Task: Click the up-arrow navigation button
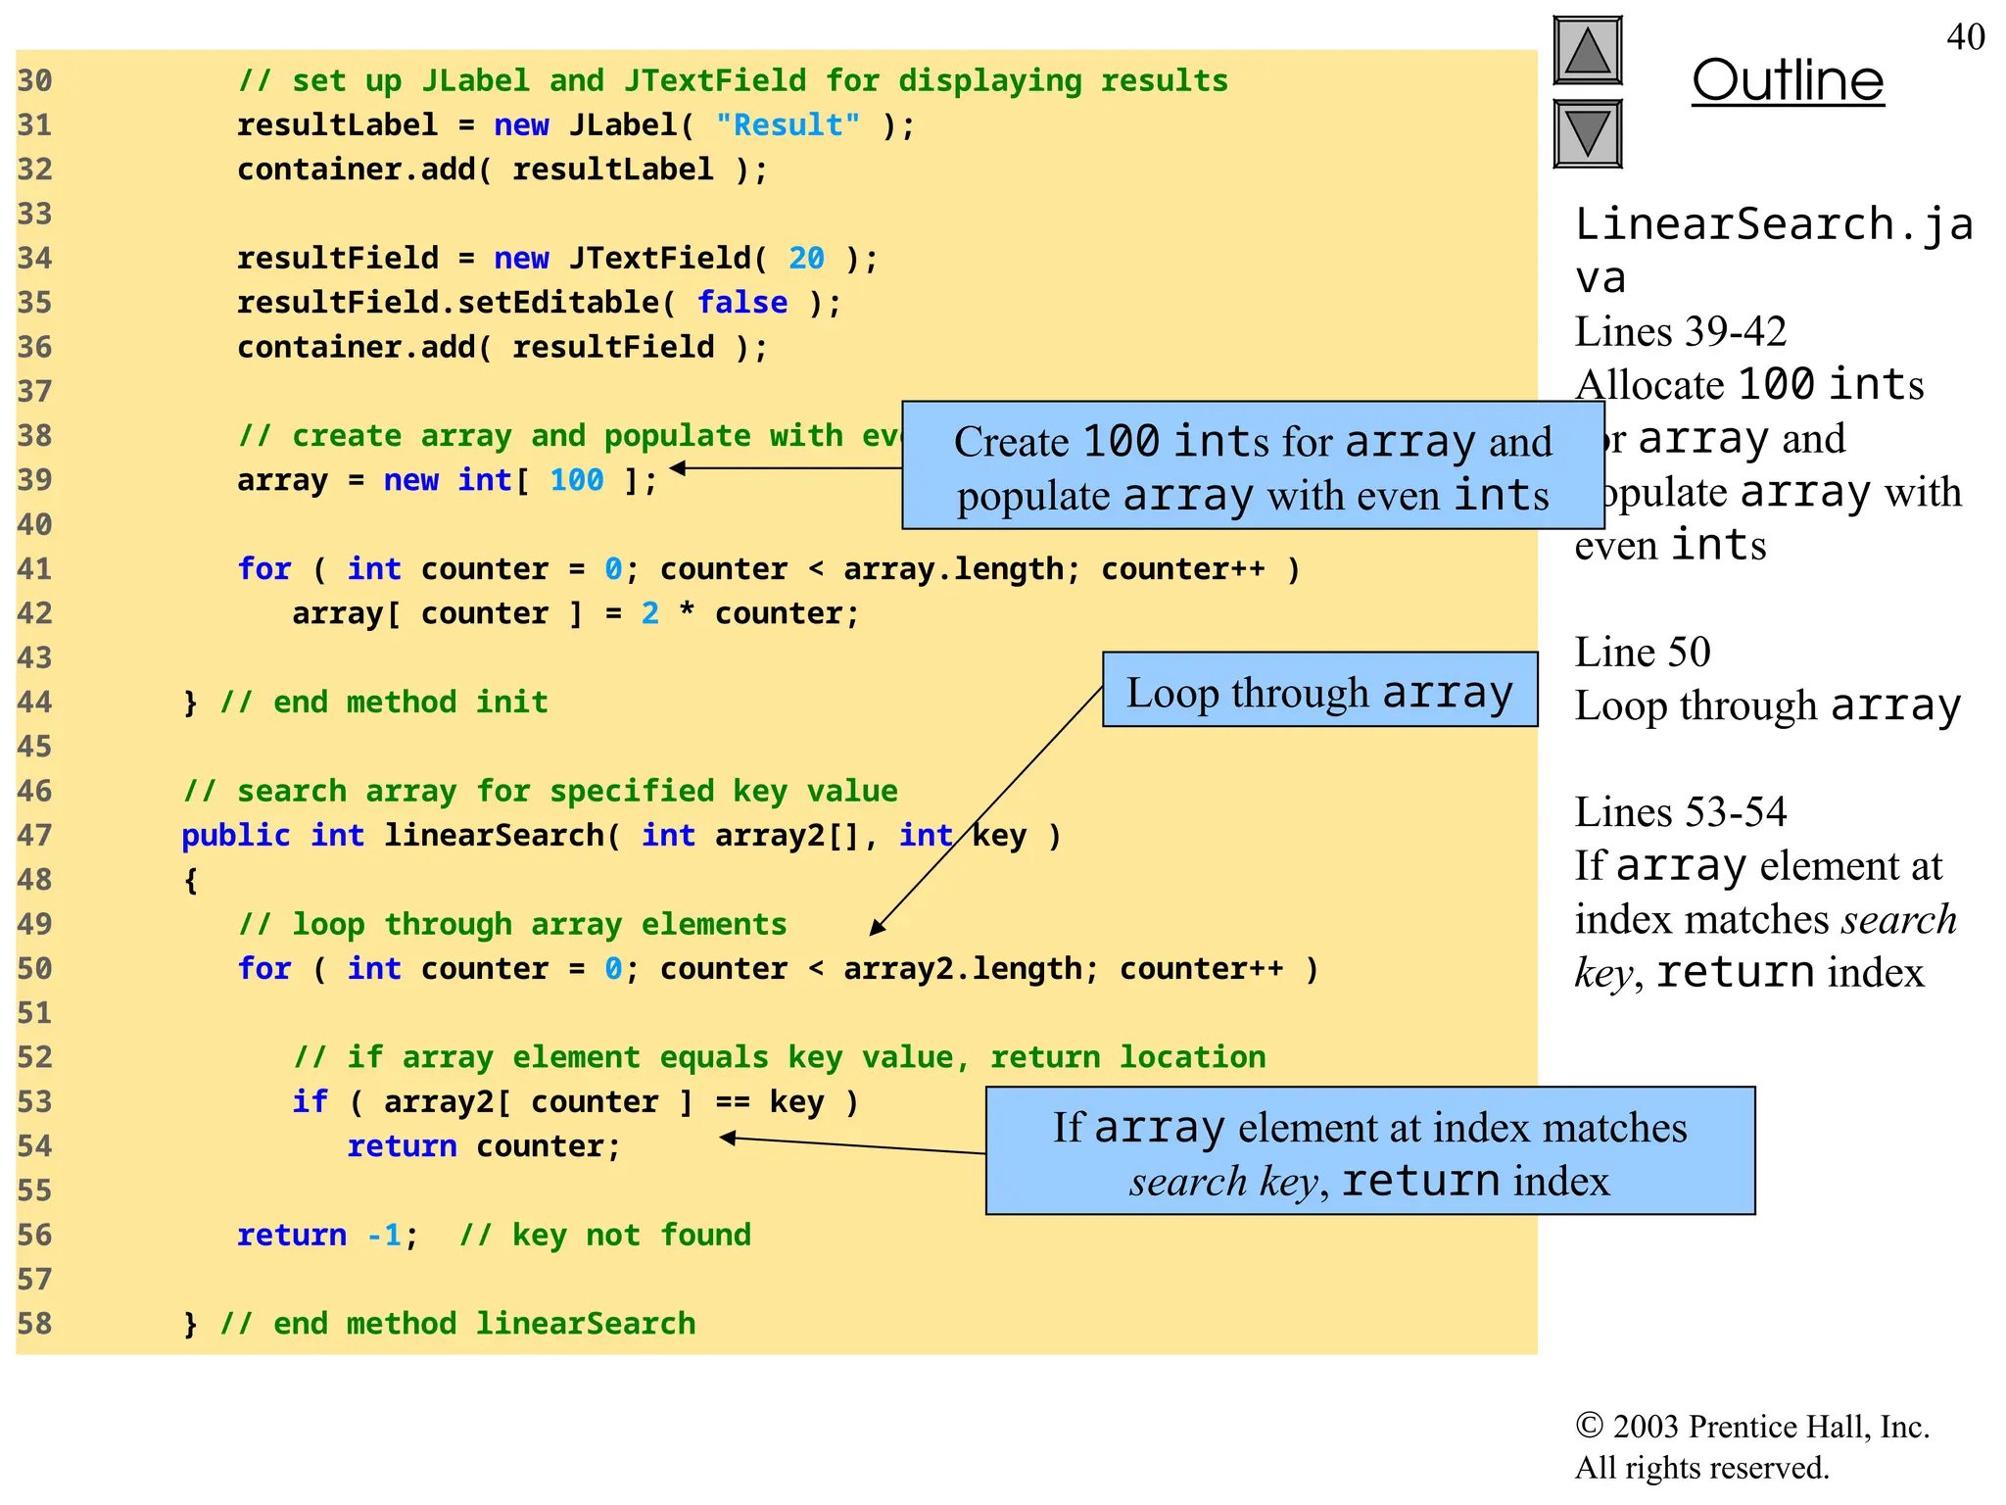(1587, 51)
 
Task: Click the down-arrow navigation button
(1587, 133)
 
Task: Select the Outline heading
(1788, 80)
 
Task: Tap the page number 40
(1965, 37)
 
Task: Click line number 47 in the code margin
(34, 836)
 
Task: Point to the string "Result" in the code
(788, 125)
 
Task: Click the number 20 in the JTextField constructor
(806, 259)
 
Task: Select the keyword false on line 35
(741, 303)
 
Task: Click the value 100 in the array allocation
(576, 480)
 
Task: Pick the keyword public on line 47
(236, 836)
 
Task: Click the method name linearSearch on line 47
(495, 836)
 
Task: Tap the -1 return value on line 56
(384, 1236)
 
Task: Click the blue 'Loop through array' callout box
(1319, 690)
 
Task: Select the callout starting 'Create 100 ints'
(1253, 466)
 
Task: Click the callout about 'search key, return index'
(1369, 1151)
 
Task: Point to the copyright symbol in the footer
(1589, 1426)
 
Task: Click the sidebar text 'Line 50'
(1643, 653)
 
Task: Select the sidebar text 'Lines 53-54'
(1681, 812)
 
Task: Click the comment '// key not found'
(605, 1236)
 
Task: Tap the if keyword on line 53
(310, 1102)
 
